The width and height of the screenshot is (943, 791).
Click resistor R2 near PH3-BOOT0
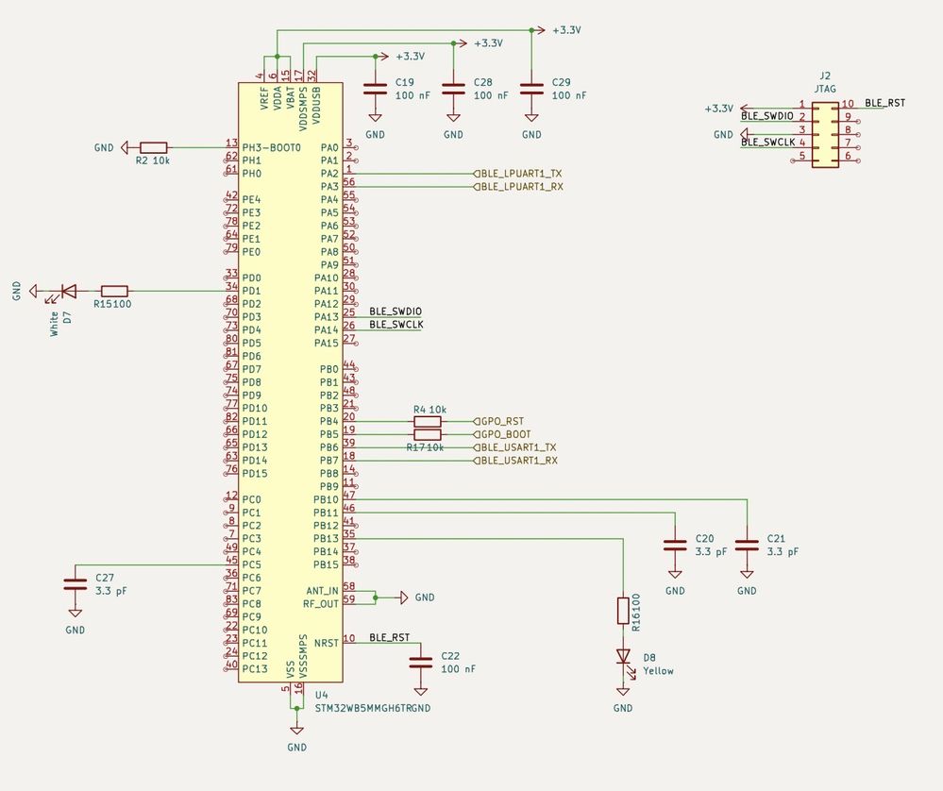point(153,147)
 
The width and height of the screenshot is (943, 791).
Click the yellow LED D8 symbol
point(623,655)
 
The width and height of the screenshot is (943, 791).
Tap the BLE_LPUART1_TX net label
point(520,174)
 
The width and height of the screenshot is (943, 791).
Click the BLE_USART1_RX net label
point(518,461)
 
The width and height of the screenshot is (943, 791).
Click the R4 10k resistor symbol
point(428,421)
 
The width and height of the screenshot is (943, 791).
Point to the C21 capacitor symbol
point(747,545)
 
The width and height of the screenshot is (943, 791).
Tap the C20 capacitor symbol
point(675,545)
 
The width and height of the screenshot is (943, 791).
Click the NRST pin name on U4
point(326,644)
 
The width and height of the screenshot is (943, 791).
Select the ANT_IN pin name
point(321,589)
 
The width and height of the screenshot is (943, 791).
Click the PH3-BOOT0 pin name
point(271,148)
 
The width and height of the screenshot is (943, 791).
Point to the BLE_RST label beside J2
point(884,102)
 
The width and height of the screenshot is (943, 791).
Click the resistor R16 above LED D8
point(623,610)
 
